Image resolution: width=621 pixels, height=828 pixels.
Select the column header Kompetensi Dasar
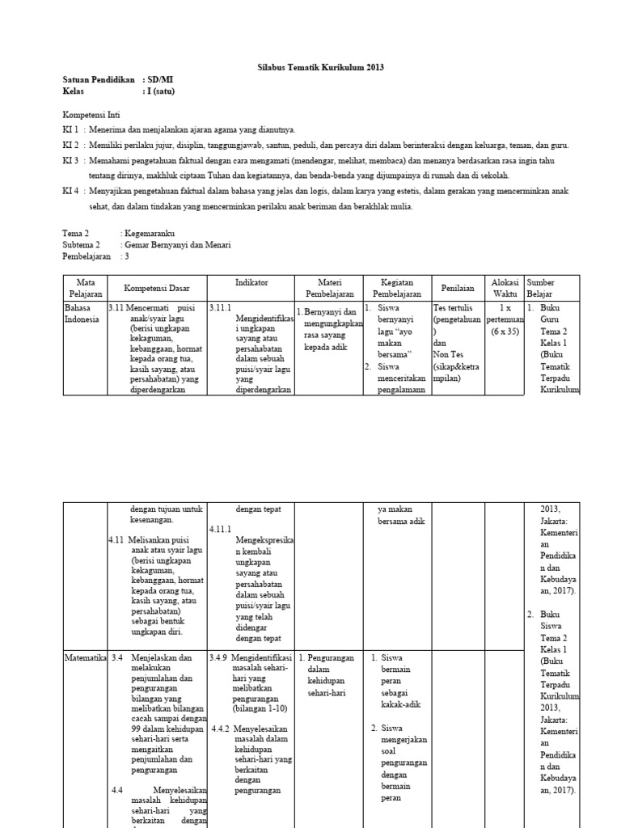(157, 288)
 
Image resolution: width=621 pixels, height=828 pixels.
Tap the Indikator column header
(251, 283)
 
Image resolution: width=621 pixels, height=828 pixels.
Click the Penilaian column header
(457, 288)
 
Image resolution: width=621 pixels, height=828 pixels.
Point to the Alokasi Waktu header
(505, 288)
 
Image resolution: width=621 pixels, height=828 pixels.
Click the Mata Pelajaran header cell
(86, 288)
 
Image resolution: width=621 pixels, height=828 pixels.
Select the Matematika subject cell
(86, 658)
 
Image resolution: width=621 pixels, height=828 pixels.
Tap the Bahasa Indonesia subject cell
(82, 314)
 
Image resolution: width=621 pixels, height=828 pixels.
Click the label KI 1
(71, 129)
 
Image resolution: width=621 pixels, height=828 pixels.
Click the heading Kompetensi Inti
(91, 115)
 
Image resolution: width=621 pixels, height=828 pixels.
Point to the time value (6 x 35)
(505, 331)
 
